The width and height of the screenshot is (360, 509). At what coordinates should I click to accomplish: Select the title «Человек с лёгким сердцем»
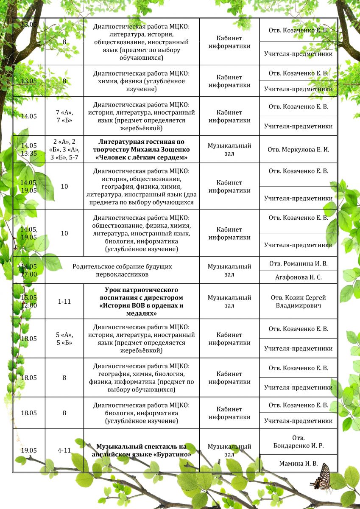pyautogui.click(x=142, y=157)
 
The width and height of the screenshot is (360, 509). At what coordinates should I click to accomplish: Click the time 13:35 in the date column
pyautogui.click(x=29, y=153)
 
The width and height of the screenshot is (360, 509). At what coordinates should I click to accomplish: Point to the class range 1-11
pyautogui.click(x=64, y=301)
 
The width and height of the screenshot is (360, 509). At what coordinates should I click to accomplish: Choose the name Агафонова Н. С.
pyautogui.click(x=298, y=277)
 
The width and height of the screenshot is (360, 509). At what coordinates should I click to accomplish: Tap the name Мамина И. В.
pyautogui.click(x=298, y=464)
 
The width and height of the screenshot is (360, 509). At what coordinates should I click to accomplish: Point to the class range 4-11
pyautogui.click(x=64, y=450)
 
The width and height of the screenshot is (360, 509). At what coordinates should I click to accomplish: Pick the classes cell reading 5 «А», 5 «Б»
pyautogui.click(x=64, y=338)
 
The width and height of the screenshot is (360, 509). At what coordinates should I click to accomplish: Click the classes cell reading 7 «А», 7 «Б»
pyautogui.click(x=64, y=116)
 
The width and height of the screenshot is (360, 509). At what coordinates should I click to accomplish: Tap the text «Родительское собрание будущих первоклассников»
pyautogui.click(x=122, y=271)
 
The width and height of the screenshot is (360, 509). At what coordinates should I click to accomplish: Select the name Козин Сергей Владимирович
pyautogui.click(x=299, y=301)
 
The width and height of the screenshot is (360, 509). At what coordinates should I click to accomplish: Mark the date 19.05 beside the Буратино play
pyautogui.click(x=29, y=450)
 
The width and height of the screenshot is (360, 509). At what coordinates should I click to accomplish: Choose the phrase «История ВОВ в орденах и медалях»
pyautogui.click(x=141, y=309)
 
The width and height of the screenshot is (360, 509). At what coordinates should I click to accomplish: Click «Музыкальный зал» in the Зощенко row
pyautogui.click(x=229, y=149)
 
